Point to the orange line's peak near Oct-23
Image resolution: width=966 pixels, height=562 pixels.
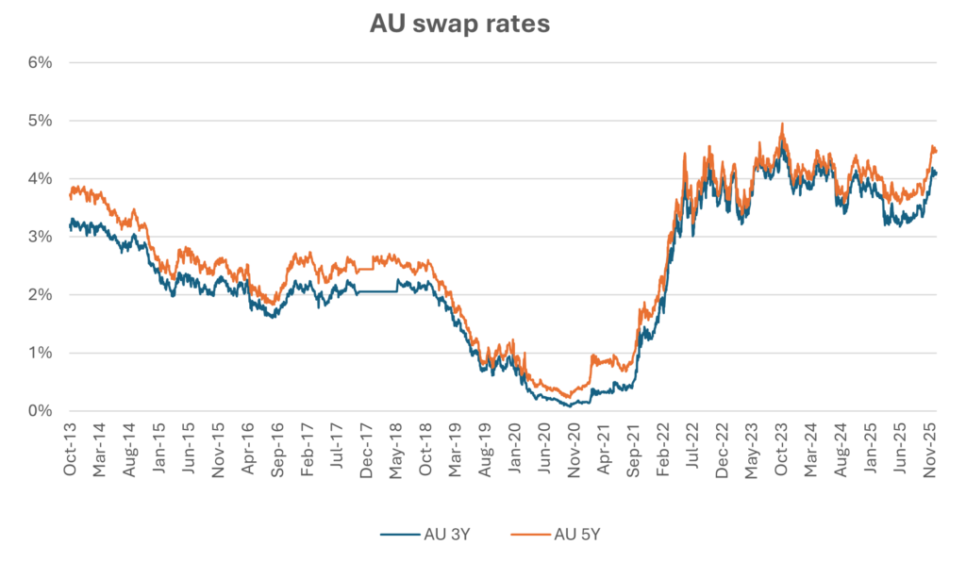[x=782, y=124]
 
